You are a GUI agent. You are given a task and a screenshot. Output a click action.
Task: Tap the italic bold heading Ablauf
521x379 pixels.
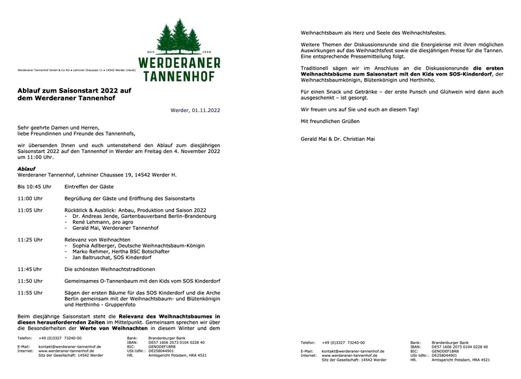(x=26, y=169)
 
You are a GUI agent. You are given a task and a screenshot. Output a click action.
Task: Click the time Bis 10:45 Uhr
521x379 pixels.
(x=34, y=187)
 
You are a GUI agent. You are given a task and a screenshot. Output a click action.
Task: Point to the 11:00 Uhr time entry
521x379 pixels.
(x=30, y=198)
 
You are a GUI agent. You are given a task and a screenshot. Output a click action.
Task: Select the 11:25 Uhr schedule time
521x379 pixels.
(x=30, y=240)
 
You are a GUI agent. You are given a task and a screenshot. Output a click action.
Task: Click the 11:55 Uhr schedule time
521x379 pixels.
(x=30, y=293)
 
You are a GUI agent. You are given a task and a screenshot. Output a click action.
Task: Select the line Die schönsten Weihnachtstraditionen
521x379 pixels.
(x=109, y=269)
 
